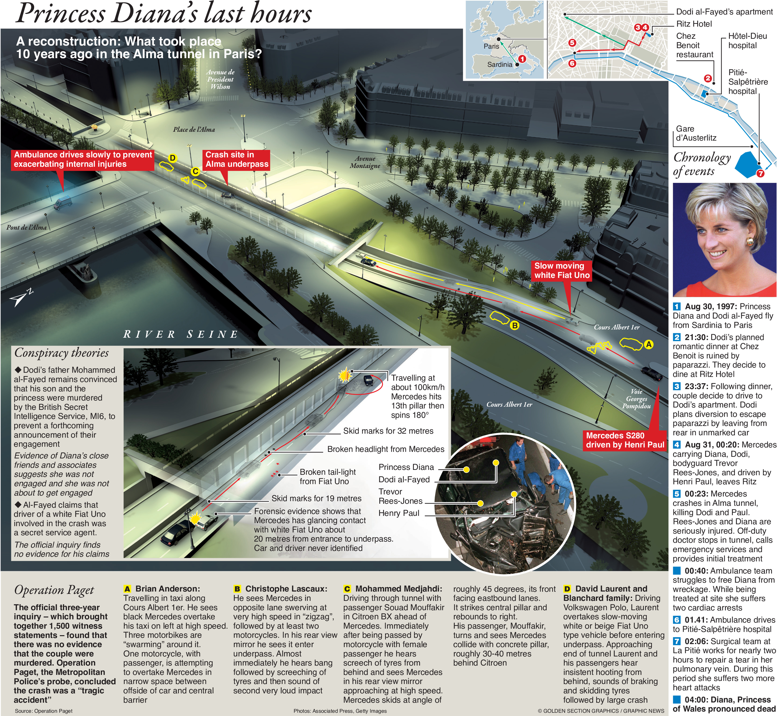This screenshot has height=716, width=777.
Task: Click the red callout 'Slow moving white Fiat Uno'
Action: click(562, 270)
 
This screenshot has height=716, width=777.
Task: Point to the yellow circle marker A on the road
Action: click(648, 344)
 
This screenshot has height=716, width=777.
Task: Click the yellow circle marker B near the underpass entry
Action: click(515, 326)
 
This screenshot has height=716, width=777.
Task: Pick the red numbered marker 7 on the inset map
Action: click(760, 173)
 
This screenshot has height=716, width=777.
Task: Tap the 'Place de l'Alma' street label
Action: click(194, 129)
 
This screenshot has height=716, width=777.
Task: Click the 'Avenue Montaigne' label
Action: click(365, 162)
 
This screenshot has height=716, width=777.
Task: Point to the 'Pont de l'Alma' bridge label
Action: click(26, 227)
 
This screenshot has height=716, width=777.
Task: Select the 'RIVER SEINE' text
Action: click(181, 334)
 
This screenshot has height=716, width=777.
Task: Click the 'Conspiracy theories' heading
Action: click(61, 353)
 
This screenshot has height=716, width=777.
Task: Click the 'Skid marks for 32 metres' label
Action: click(388, 431)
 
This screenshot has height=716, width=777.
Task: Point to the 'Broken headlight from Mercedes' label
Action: click(386, 449)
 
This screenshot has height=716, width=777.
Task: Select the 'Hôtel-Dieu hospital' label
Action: click(747, 41)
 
